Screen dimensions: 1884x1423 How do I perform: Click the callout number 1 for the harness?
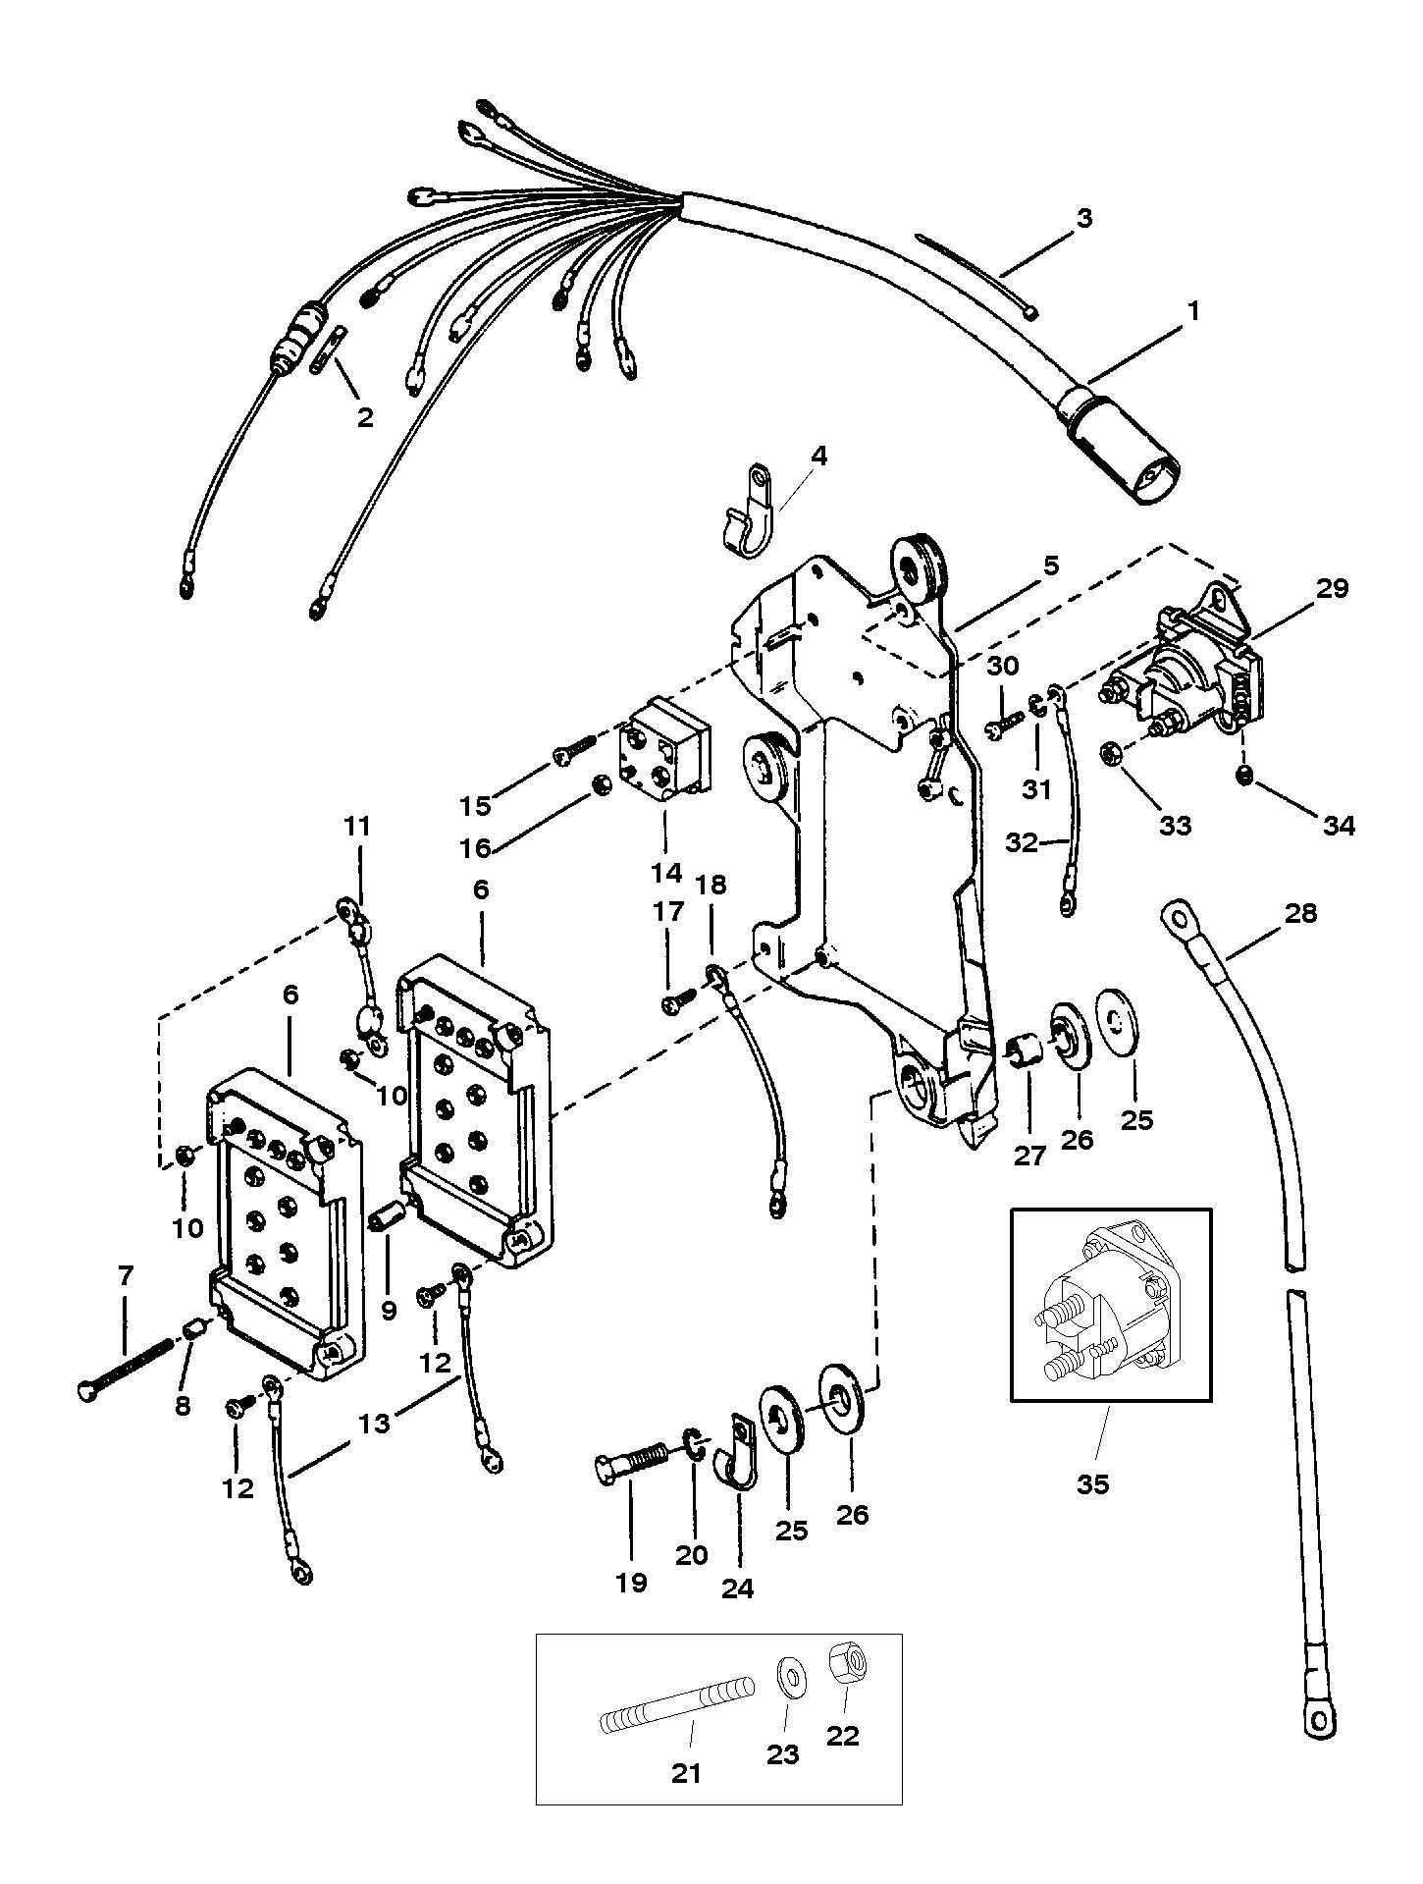tap(1192, 311)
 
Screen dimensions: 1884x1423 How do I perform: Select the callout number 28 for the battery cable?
tap(1301, 914)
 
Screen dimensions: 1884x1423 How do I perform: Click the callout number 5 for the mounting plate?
tap(1050, 565)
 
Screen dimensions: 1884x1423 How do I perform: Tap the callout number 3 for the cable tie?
tap(1083, 217)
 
